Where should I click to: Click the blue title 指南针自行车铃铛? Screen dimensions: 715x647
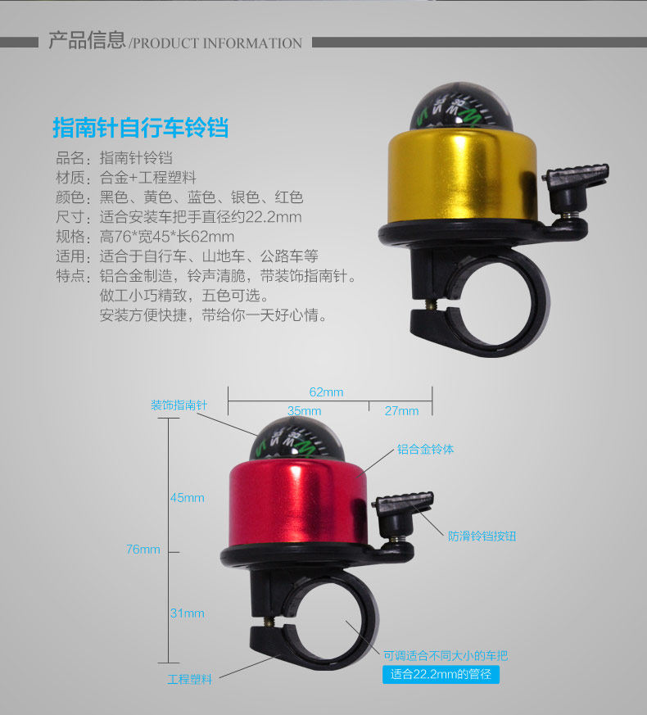point(140,129)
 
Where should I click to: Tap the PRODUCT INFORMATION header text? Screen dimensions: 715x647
point(216,43)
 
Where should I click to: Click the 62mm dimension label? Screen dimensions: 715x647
point(326,391)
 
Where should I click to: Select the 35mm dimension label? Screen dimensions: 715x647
point(304,410)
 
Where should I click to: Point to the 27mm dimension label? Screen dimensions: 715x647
point(401,410)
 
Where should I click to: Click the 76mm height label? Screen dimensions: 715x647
point(143,550)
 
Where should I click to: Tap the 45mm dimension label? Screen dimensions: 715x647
point(187,498)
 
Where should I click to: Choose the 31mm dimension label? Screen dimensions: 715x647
point(187,613)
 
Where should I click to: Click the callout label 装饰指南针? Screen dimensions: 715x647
point(179,405)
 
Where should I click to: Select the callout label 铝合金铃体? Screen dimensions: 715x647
point(425,449)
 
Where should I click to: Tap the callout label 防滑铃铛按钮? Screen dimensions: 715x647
point(482,536)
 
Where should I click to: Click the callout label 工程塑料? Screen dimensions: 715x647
point(190,679)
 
